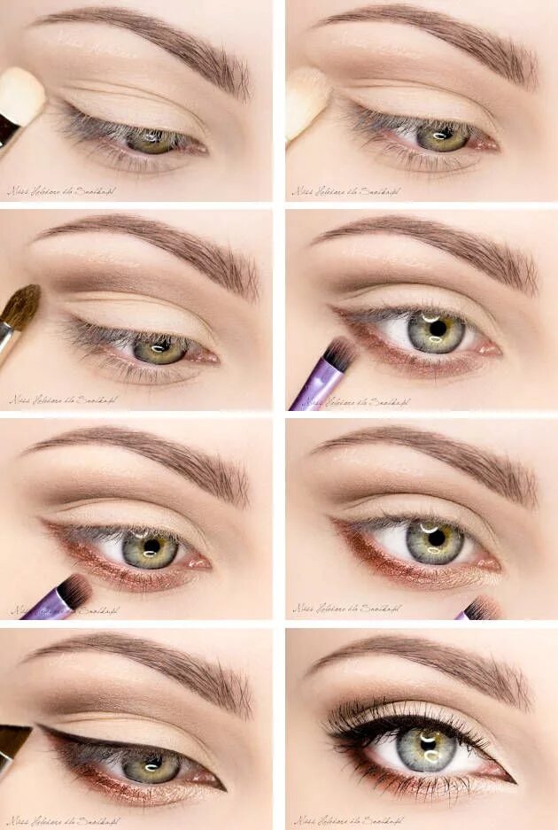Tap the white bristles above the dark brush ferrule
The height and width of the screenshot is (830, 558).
tap(21, 95)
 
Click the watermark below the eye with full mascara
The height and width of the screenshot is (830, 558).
tap(345, 819)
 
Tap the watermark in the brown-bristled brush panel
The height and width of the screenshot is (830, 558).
tap(62, 400)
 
